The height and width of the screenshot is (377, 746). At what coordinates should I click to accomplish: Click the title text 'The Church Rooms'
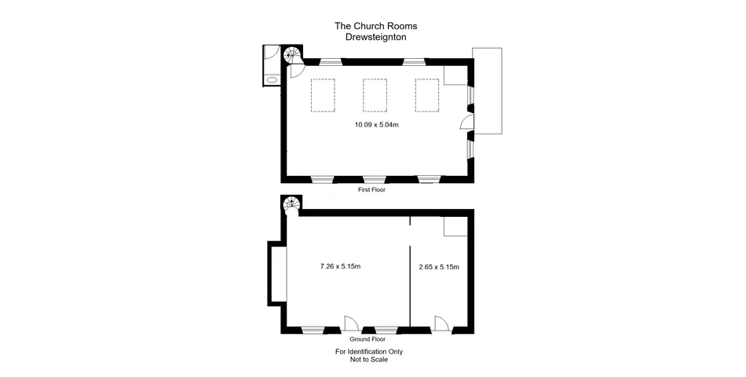click(x=375, y=26)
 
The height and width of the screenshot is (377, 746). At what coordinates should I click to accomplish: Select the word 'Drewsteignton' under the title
click(x=375, y=37)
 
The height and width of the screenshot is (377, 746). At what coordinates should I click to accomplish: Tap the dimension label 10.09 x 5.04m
click(x=377, y=125)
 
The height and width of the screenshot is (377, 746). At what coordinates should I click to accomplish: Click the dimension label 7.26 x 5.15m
click(x=340, y=267)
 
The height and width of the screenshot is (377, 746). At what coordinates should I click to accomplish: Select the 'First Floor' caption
click(x=371, y=189)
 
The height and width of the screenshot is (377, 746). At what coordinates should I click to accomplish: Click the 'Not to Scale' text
click(x=369, y=360)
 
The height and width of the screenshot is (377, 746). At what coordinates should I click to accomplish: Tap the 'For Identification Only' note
click(x=369, y=351)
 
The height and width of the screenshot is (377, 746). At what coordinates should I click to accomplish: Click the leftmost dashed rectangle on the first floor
click(x=324, y=96)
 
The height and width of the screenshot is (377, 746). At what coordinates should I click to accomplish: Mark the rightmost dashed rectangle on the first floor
click(x=427, y=96)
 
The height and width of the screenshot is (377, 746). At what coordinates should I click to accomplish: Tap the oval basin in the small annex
click(x=272, y=79)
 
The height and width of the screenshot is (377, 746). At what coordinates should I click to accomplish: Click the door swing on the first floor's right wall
click(x=464, y=122)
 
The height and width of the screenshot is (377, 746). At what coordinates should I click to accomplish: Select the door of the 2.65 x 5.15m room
click(x=441, y=322)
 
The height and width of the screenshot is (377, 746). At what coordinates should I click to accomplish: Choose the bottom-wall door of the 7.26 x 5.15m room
click(x=351, y=322)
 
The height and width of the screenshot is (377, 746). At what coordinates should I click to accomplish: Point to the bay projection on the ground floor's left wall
click(x=276, y=273)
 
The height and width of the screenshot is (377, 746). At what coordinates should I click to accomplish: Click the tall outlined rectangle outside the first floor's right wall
click(x=486, y=90)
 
